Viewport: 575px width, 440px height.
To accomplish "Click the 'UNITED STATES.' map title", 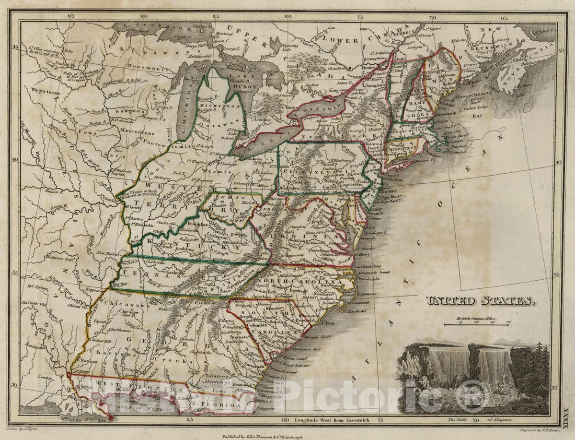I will [480, 301].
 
